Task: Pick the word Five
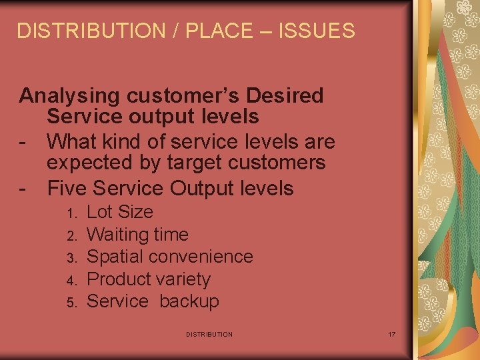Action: pyautogui.click(x=67, y=189)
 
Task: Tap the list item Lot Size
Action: pyautogui.click(x=120, y=213)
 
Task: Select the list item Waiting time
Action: pyautogui.click(x=137, y=235)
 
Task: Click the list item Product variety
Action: pyautogui.click(x=149, y=279)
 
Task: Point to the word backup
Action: pyautogui.click(x=189, y=301)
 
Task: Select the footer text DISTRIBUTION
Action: pyautogui.click(x=209, y=334)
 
